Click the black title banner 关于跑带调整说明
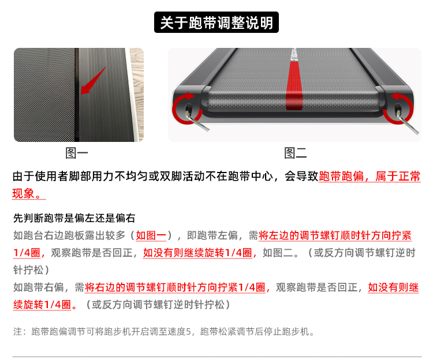[x=216, y=22]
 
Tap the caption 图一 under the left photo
[x=77, y=153]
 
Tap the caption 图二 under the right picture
[x=296, y=153]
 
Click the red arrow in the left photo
[x=93, y=81]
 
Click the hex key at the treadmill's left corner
[x=197, y=121]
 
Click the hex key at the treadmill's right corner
[x=408, y=123]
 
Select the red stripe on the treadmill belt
[x=294, y=82]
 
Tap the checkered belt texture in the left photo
[x=44, y=95]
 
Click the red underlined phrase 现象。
[x=29, y=193]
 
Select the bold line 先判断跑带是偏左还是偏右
[x=74, y=218]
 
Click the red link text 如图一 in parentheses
[x=151, y=235]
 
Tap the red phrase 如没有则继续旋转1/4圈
[x=197, y=253]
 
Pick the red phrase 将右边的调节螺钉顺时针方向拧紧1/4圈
[x=175, y=287]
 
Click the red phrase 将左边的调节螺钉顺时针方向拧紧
[x=335, y=235]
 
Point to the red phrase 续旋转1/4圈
[x=42, y=305]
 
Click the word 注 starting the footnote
[x=17, y=331]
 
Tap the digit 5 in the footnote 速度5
[x=188, y=331]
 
